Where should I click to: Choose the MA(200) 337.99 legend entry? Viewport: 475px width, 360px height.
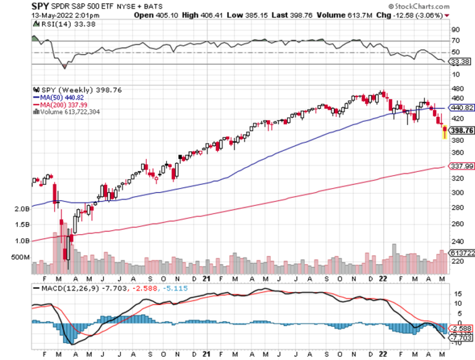tap(62, 105)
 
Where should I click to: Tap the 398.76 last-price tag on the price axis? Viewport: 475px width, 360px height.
tap(462, 131)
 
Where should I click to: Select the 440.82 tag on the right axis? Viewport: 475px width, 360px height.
tap(462, 107)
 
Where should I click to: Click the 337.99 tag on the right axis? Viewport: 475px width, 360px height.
tap(462, 166)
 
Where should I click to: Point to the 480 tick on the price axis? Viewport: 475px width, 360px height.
tap(456, 88)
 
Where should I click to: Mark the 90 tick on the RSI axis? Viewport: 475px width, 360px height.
tap(455, 29)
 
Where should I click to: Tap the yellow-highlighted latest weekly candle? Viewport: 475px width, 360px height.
tap(444, 131)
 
